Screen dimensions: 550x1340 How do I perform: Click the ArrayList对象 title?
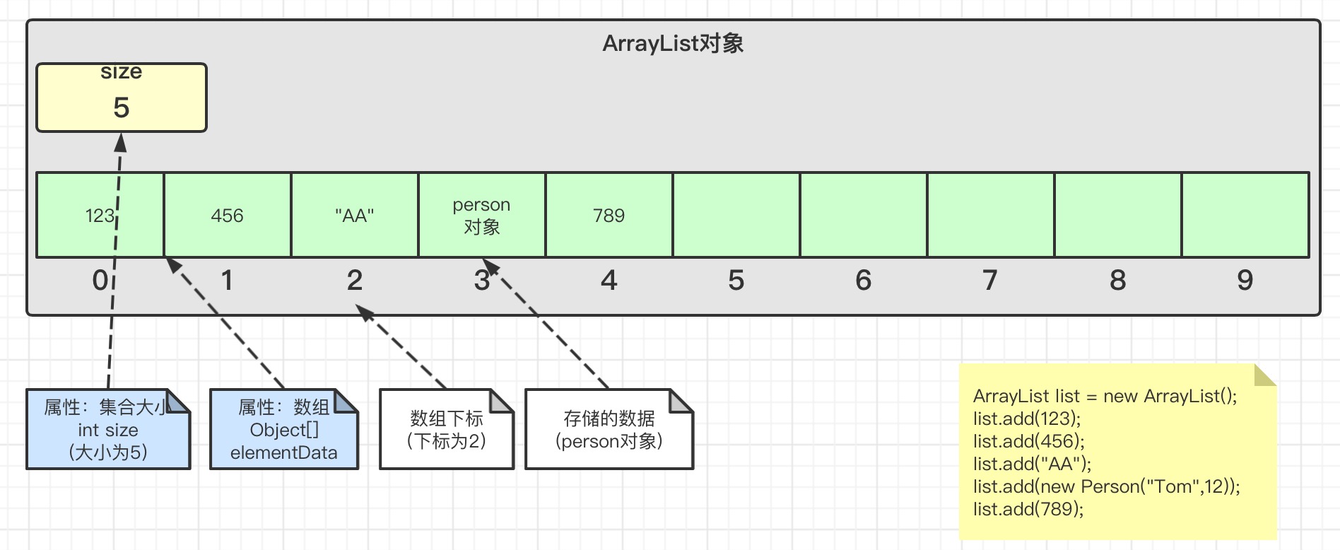coord(672,44)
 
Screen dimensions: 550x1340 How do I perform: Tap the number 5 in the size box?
coord(122,107)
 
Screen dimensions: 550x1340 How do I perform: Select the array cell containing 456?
coord(227,215)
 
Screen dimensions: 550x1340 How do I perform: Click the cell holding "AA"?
coord(354,215)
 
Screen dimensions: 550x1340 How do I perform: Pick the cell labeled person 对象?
coord(481,215)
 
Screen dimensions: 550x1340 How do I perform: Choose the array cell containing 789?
coord(609,215)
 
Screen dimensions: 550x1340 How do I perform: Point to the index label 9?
coord(1245,281)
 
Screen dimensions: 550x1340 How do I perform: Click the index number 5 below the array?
coord(736,281)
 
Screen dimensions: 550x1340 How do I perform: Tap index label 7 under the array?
coord(990,281)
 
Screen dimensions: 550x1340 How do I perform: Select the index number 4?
coord(609,281)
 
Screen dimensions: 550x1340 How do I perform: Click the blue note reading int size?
coord(108,430)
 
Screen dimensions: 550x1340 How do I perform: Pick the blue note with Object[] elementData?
coord(284,430)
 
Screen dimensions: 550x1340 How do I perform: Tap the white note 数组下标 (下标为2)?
coord(446,430)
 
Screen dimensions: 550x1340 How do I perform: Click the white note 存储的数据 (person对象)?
coord(609,430)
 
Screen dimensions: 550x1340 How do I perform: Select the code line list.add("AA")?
coord(1032,464)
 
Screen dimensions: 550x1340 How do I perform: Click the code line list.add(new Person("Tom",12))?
coord(1106,486)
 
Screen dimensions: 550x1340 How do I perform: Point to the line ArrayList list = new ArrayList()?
coord(1105,396)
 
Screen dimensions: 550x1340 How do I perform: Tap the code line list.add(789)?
coord(1028,509)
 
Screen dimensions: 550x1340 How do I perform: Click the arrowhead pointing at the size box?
coord(121,142)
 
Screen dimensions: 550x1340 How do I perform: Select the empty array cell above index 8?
coord(1117,215)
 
